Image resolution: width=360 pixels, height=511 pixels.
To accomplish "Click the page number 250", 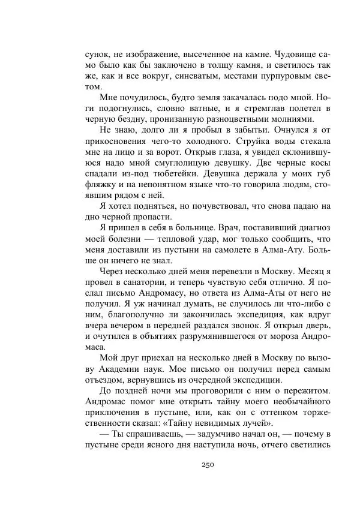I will coord(207,464).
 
